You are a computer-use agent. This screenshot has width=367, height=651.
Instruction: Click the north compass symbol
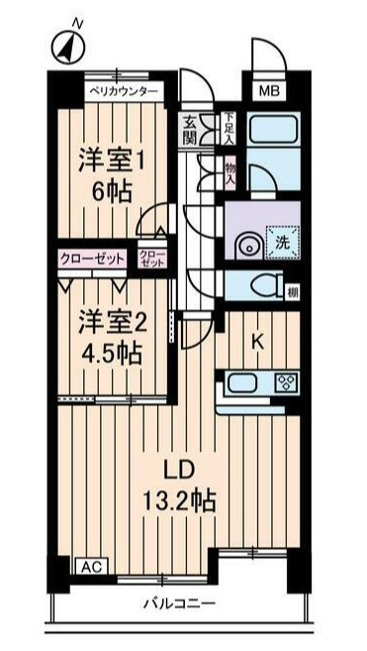point(68,47)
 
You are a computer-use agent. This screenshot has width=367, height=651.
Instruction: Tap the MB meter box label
point(269,90)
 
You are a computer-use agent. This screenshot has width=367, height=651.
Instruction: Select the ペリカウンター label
point(124,91)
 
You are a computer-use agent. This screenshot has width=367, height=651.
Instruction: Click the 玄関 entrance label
point(190,130)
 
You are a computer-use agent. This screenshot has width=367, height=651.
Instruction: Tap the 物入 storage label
point(229,173)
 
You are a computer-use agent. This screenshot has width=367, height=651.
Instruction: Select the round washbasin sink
point(249,247)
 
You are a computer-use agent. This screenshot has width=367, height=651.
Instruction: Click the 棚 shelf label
point(293,292)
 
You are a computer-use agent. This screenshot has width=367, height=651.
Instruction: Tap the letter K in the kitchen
point(257,342)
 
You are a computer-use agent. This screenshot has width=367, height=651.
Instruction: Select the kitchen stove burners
point(287,381)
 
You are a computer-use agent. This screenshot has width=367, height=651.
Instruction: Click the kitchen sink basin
point(243,381)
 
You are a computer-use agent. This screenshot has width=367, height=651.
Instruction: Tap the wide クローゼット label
point(92,259)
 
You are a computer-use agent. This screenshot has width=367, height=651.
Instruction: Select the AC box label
point(92,566)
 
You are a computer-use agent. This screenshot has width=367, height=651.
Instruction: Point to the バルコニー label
point(180,602)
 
